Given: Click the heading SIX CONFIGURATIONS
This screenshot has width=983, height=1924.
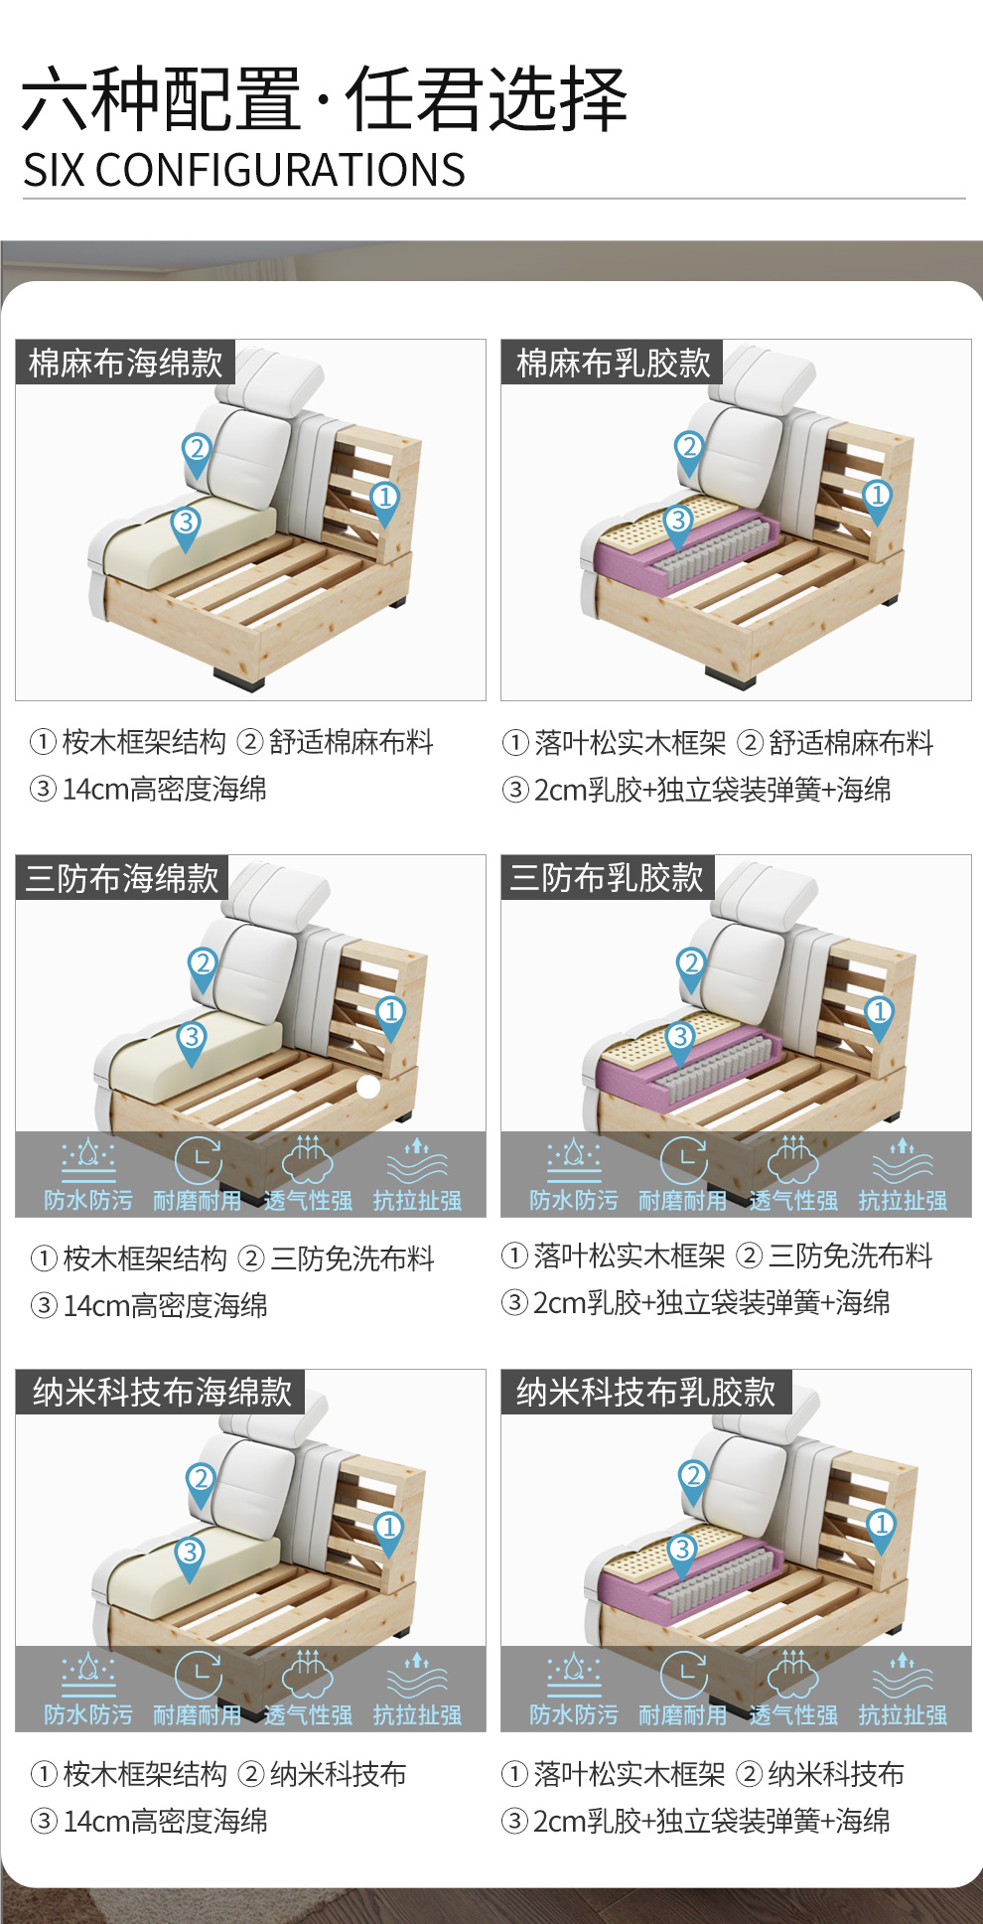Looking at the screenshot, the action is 244,170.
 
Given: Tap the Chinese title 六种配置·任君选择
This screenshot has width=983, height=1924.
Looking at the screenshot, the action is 325,99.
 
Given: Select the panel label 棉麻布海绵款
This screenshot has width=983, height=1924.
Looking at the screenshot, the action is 126,363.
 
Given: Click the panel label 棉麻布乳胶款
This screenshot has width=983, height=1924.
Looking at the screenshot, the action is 614,363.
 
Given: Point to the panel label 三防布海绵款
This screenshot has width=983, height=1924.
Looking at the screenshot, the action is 122,878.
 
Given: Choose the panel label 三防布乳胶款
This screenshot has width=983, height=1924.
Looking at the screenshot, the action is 607,878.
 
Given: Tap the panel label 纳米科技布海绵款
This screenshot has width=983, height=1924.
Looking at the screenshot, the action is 162,1392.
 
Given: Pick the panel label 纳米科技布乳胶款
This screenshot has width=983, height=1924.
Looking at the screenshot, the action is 645,1392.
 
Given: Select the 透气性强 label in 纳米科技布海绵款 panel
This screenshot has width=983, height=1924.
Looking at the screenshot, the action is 308,1715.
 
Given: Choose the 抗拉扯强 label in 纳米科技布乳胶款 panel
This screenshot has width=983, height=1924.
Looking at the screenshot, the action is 903,1715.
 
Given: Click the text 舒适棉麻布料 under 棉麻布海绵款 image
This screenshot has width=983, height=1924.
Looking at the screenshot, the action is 351,742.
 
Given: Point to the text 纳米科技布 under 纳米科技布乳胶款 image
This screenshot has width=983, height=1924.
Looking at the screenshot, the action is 836,1774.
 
